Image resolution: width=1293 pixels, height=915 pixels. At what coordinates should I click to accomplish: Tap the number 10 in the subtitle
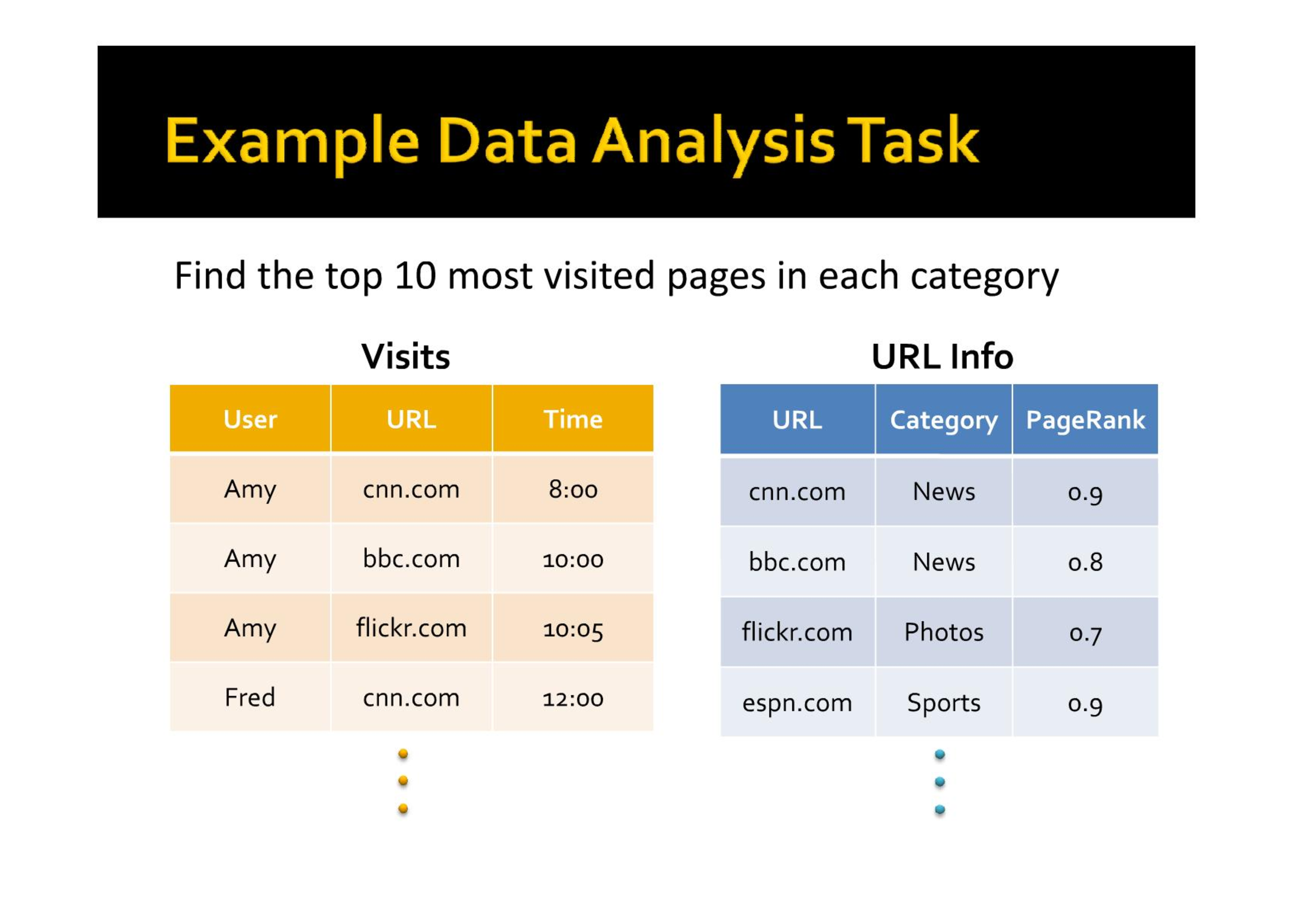pyautogui.click(x=416, y=276)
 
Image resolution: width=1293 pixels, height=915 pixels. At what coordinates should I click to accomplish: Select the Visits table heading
pyautogui.click(x=405, y=356)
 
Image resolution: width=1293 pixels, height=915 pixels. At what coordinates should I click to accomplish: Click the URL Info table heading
pyautogui.click(x=942, y=356)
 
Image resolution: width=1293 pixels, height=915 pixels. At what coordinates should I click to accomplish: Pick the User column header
pyautogui.click(x=250, y=419)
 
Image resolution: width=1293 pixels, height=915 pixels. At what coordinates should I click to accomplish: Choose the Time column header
pyautogui.click(x=573, y=419)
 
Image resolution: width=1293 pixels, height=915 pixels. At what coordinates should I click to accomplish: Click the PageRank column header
pyautogui.click(x=1085, y=420)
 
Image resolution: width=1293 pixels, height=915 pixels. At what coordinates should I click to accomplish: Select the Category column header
pyautogui.click(x=943, y=421)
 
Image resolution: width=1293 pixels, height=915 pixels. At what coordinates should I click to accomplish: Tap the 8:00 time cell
pyautogui.click(x=573, y=489)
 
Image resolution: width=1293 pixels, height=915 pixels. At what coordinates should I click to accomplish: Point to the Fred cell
pyautogui.click(x=250, y=697)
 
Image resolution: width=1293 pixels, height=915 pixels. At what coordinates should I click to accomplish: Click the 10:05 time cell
pyautogui.click(x=573, y=629)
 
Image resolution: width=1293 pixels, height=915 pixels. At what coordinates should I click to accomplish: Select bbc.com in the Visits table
pyautogui.click(x=411, y=559)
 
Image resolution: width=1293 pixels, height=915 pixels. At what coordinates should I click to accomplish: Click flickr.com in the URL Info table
pyautogui.click(x=797, y=632)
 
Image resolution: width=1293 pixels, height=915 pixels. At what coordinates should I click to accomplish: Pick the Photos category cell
pyautogui.click(x=943, y=632)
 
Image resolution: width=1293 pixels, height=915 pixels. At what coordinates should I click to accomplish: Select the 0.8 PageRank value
pyautogui.click(x=1085, y=562)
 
